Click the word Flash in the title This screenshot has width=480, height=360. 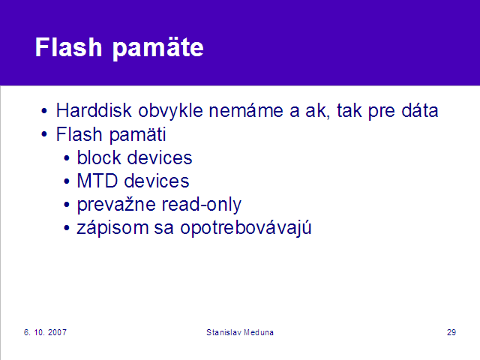point(68,47)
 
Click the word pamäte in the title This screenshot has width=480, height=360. point(158,49)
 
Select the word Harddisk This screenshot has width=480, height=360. point(94,110)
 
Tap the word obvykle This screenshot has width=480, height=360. point(170,111)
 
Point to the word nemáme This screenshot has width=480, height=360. point(246,110)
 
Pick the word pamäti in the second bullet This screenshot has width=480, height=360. point(138,135)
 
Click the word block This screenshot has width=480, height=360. point(99,157)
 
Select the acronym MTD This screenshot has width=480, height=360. point(97,181)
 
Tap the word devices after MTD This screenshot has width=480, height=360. point(157,181)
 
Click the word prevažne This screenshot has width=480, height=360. point(116,205)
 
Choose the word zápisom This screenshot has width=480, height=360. point(112,228)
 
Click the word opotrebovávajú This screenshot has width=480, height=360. point(246,228)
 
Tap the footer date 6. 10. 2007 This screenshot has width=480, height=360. point(45,332)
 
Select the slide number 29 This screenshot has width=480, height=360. point(451,332)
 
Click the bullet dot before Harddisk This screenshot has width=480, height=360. point(44,111)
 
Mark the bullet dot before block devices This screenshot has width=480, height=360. point(67,158)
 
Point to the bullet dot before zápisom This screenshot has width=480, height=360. point(67,228)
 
